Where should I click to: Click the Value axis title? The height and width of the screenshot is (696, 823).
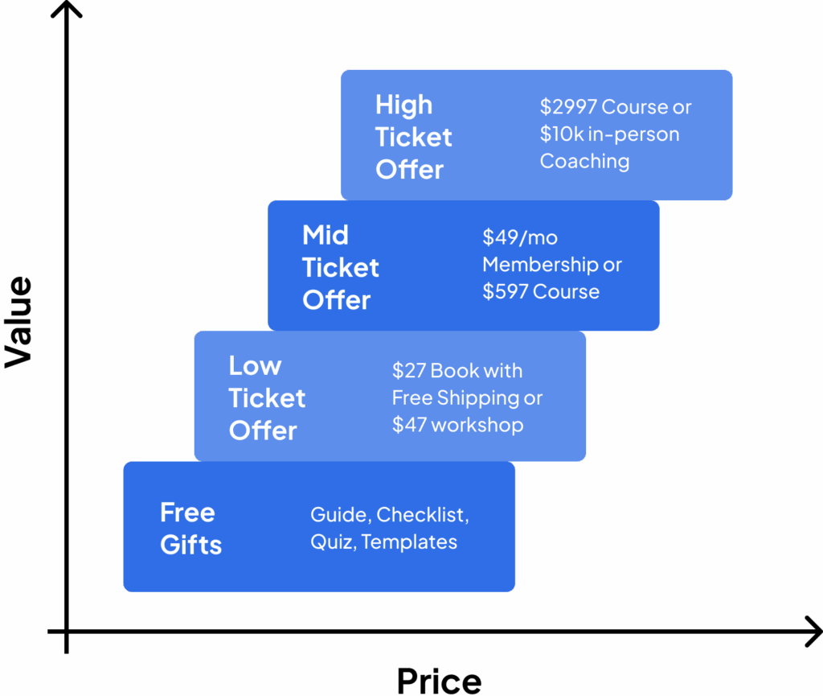coord(18,322)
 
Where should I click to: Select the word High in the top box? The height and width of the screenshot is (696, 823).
coord(403,105)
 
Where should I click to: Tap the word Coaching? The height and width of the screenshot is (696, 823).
coord(584,162)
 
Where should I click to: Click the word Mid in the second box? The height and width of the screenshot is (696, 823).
coord(325,236)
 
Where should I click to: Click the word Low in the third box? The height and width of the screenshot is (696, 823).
coord(255,366)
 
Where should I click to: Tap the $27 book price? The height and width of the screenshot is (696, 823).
coord(408,371)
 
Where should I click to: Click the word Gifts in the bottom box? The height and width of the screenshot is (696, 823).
coord(190,546)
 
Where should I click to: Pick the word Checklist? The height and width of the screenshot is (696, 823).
coord(422,515)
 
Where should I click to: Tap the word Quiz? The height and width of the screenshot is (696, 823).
coord(331,542)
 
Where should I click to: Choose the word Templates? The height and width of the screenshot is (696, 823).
coord(409,542)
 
